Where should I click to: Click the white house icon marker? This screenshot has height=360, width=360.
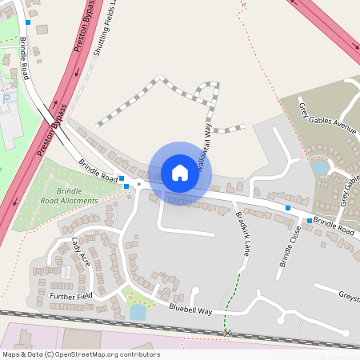coord(180,172)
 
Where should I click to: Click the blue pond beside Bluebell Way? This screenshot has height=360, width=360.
coord(138,312)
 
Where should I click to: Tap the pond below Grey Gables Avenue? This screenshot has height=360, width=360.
coord(320,168)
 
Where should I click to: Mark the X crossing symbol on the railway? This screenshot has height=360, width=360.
coord(228,332)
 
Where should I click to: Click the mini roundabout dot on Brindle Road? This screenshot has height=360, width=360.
coord(139,185)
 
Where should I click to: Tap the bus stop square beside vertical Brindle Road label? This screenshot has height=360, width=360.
coord(28,22)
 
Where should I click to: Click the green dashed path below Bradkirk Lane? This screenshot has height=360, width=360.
coord(234,300)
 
